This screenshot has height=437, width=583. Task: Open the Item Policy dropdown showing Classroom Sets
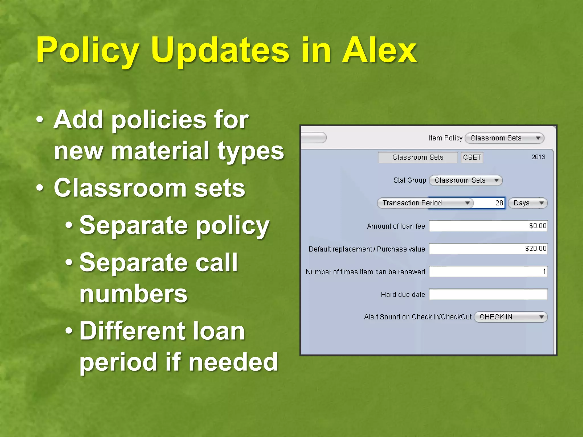(x=504, y=138)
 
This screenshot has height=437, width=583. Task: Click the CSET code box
(x=472, y=157)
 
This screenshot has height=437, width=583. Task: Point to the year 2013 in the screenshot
(x=538, y=157)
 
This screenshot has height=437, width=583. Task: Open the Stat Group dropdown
(x=465, y=180)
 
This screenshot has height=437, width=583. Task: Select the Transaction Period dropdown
(x=425, y=203)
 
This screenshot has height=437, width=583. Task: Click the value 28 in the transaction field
(x=499, y=203)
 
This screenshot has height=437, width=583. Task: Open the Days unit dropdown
(x=527, y=203)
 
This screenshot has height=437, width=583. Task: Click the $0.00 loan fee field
(x=488, y=226)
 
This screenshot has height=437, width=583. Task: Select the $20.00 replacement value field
(x=488, y=249)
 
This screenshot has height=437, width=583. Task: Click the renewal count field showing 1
(x=488, y=271)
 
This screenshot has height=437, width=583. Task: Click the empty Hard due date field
(x=488, y=294)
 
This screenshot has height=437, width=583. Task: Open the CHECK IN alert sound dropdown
(x=510, y=317)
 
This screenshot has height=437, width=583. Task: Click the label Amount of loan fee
(x=396, y=226)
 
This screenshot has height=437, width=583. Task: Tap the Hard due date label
(x=403, y=294)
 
